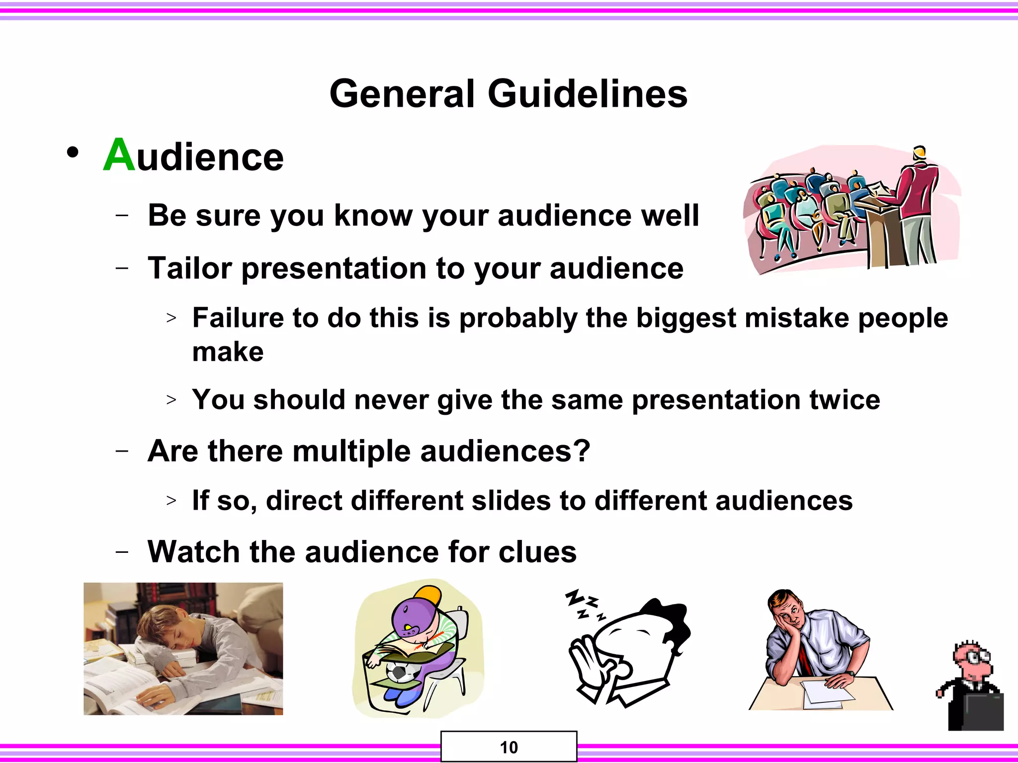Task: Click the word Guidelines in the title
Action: [588, 94]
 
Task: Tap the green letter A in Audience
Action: [119, 155]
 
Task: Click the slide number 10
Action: [509, 747]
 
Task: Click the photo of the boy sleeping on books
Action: [183, 649]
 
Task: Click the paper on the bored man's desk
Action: [823, 692]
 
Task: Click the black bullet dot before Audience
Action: [73, 153]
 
